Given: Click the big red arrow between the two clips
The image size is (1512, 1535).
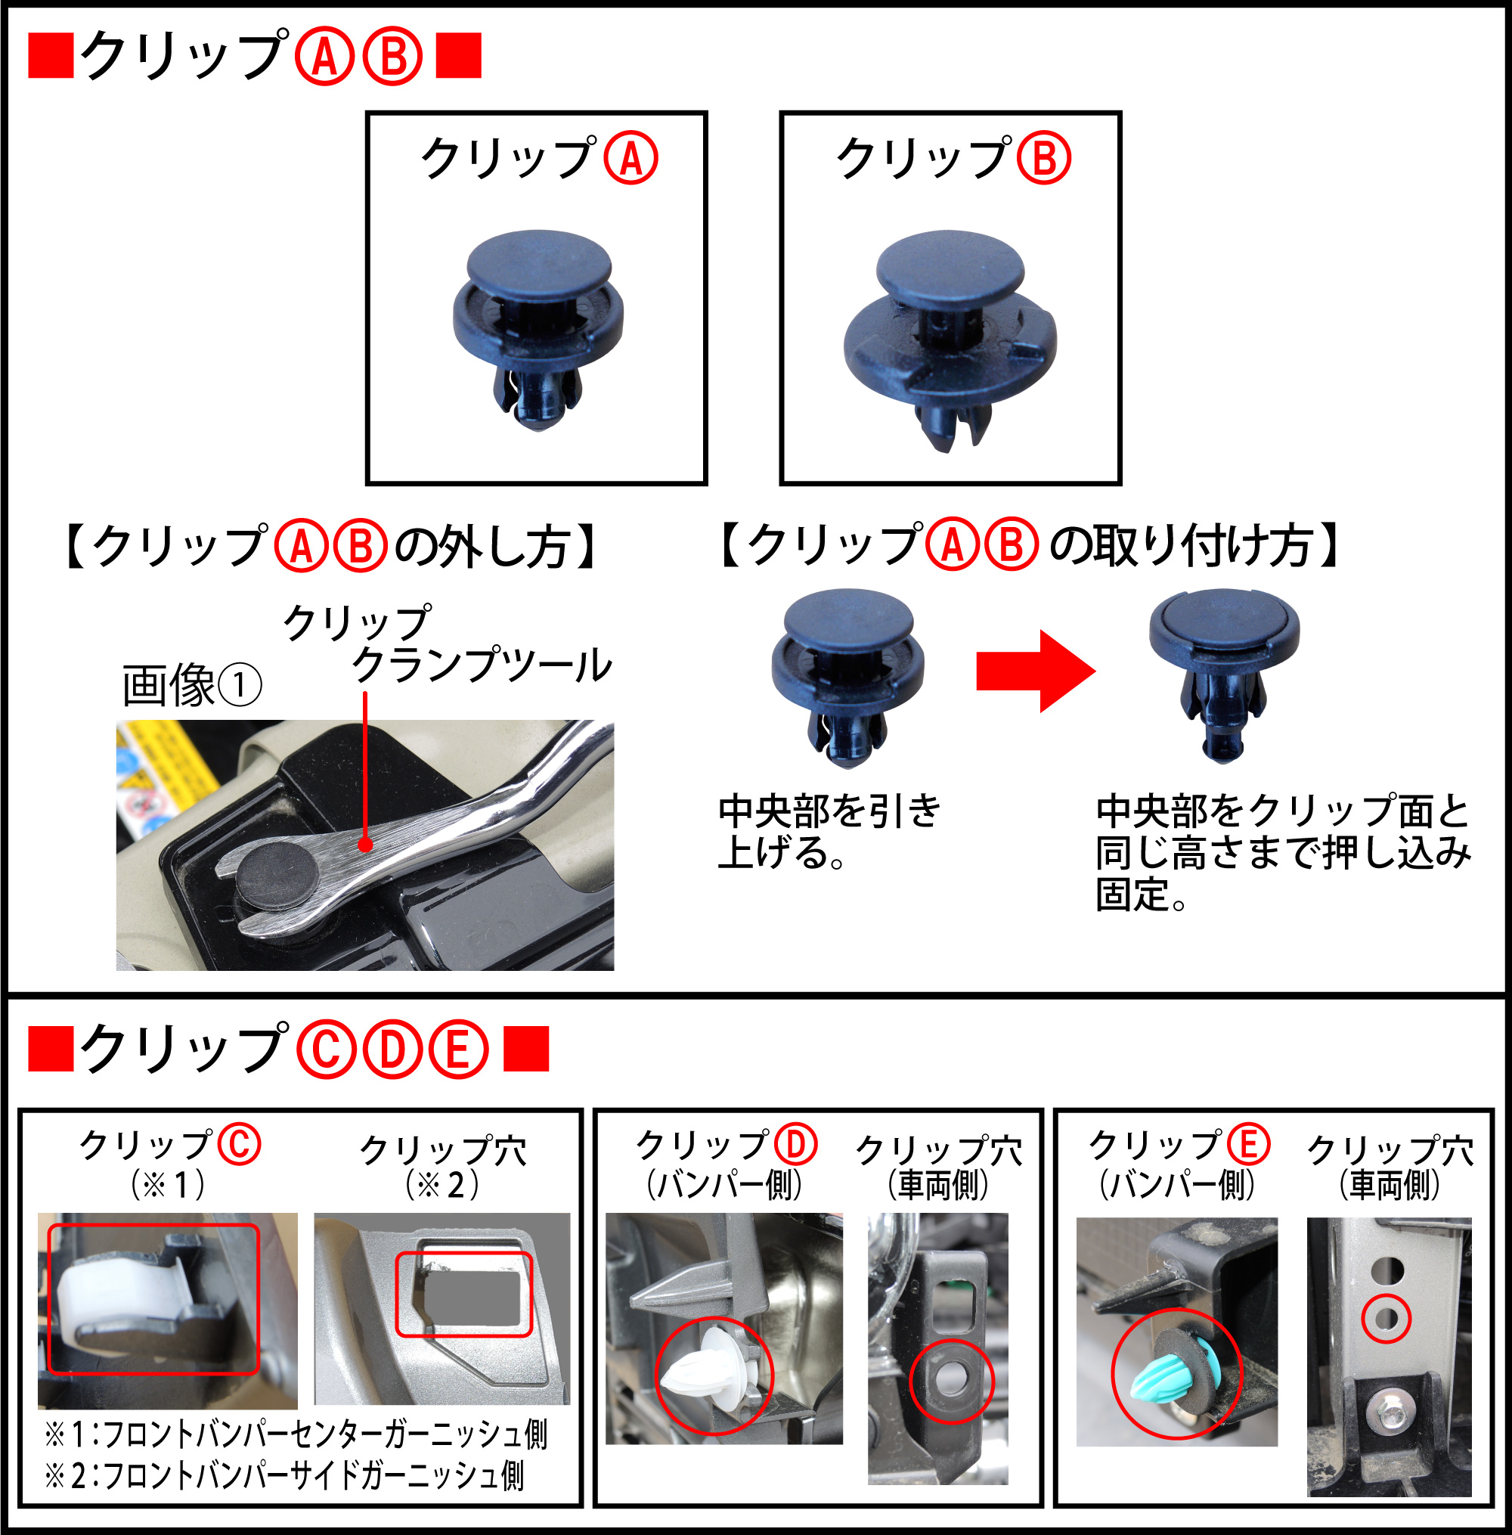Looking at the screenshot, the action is pos(1036,671).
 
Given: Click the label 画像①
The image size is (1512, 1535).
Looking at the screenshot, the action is pos(191,685).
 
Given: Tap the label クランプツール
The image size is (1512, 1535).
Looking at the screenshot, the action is pos(482,665).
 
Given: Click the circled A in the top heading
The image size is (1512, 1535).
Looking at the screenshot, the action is pos(324,57).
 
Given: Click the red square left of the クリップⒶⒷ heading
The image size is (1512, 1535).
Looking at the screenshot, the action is pos(51,56).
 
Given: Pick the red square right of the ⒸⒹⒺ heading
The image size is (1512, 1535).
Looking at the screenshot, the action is pos(525,1049).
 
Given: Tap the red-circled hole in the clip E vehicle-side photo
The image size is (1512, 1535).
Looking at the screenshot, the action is pos(1386,1319).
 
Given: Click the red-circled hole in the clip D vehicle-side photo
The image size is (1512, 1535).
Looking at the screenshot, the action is pos(950,1380).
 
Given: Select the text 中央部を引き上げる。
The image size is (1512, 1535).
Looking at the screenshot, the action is pos(829,832).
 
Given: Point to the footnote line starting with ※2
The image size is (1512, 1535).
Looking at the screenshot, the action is pos(284,1475).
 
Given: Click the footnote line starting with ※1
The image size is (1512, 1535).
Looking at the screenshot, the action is pos(296,1434).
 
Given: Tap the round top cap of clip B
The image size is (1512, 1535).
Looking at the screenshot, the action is pos(950,267).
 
